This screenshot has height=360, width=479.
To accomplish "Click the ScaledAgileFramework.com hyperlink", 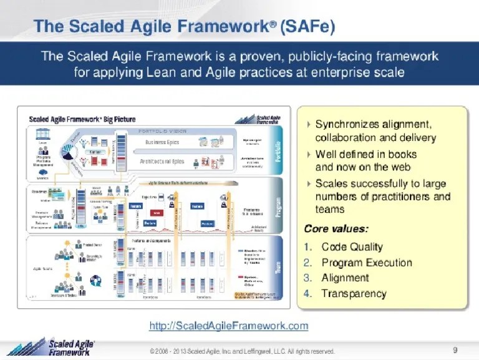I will click(229, 326).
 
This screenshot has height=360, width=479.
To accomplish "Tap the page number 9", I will click(455, 349).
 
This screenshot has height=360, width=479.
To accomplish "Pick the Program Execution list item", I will click(367, 263).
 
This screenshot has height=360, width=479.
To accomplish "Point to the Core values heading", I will click(336, 228).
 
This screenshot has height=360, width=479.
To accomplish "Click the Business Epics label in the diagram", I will click(162, 142).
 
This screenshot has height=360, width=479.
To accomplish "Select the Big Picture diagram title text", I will click(82, 119).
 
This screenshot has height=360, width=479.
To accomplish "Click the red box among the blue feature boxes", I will click(157, 213).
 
